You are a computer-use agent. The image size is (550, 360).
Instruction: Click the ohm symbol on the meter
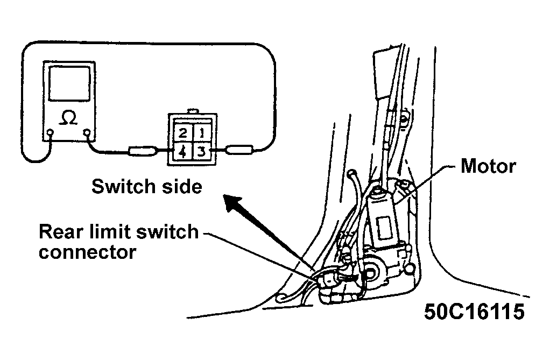tap(68, 117)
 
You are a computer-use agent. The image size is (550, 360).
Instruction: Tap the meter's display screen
tap(69, 83)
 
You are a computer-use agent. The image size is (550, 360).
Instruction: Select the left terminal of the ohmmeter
tap(50, 132)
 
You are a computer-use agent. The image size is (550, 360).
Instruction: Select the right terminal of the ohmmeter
tap(87, 132)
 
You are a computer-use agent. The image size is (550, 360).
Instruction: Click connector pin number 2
tap(183, 133)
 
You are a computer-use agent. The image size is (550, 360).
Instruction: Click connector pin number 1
tap(202, 132)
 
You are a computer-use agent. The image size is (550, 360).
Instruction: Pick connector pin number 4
tap(182, 152)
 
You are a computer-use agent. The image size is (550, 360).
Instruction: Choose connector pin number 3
tap(201, 152)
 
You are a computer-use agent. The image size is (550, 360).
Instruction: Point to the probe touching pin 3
tap(239, 150)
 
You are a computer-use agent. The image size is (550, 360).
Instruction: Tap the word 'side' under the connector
tap(182, 186)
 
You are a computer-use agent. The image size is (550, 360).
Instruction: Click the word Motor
tap(488, 166)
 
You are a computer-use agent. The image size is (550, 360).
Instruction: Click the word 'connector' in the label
tap(87, 252)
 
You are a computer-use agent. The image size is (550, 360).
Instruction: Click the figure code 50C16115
tap(474, 311)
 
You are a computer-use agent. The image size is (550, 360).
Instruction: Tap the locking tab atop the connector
tap(193, 111)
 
